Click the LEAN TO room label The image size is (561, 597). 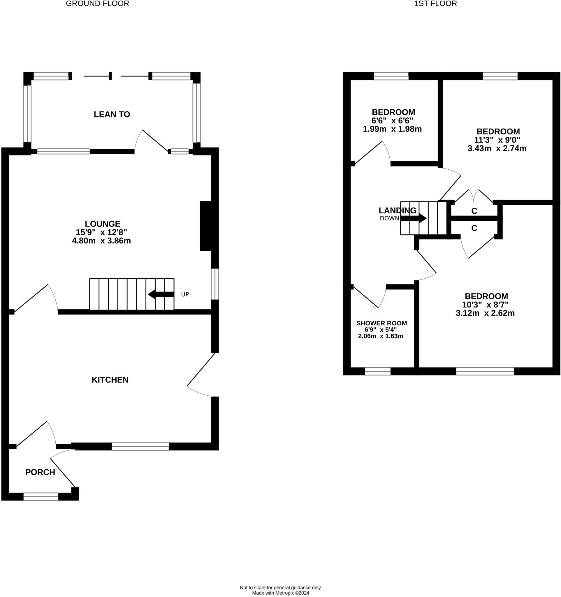pos(112,114)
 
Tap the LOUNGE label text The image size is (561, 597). pos(102,224)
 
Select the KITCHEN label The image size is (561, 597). pos(110,380)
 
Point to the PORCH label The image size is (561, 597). pos(40,472)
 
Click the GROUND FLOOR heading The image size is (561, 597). pos(98,3)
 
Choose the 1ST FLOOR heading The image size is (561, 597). pos(435,3)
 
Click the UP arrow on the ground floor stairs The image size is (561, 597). pos(161,294)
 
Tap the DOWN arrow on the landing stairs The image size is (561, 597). pos(413,218)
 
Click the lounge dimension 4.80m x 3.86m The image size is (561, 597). pos(101,240)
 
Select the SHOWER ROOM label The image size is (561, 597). pos(381,323)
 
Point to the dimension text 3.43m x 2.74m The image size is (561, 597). pos(497,148)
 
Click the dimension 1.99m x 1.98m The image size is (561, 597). pos(392,129)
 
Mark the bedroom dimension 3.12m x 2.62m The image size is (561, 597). pos(485,313)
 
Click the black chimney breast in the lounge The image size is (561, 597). pos(206,226)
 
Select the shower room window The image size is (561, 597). pos(378,371)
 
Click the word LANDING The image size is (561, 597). pos(398,210)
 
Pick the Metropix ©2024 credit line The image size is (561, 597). pos(281,593)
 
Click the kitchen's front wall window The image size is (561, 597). pos(140,447)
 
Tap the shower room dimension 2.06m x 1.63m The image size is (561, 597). pos(381,336)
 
